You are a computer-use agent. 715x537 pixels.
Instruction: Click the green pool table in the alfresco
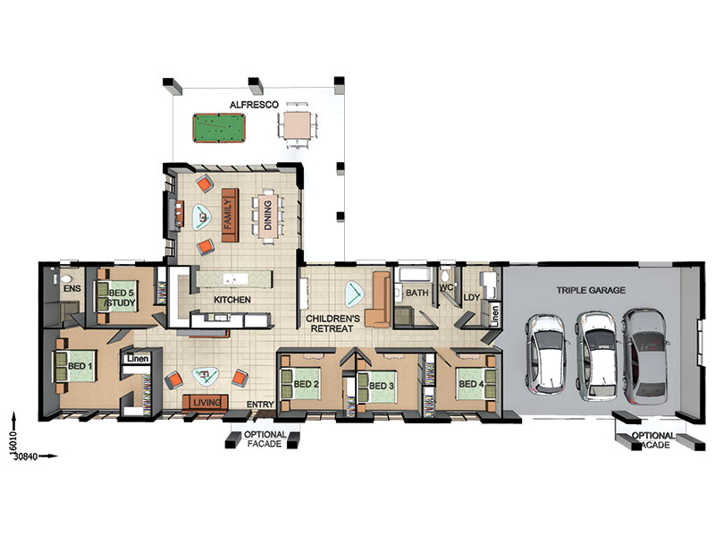pyautogui.click(x=219, y=128)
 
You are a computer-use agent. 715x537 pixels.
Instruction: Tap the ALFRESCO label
pyautogui.click(x=254, y=105)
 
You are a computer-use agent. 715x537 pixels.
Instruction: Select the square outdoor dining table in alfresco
pyautogui.click(x=298, y=125)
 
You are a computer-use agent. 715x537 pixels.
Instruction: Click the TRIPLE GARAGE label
pyautogui.click(x=591, y=290)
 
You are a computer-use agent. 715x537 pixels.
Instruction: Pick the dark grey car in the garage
pyautogui.click(x=647, y=356)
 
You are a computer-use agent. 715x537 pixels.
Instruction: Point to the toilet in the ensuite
pyautogui.click(x=66, y=279)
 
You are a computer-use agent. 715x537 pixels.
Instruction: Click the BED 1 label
pyautogui.click(x=80, y=366)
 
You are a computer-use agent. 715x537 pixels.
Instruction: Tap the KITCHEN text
pyautogui.click(x=232, y=300)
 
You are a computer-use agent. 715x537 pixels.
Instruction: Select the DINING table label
pyautogui.click(x=267, y=215)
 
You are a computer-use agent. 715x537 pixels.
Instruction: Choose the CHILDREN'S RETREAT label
pyautogui.click(x=332, y=323)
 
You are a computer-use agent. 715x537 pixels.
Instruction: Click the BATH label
pyautogui.click(x=416, y=293)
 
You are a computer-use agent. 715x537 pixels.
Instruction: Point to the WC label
pyautogui.click(x=446, y=287)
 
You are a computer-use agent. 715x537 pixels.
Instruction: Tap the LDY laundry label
pyautogui.click(x=472, y=297)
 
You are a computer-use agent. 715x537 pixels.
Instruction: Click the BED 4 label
pyautogui.click(x=471, y=384)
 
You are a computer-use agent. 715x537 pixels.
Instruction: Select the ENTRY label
pyautogui.click(x=260, y=405)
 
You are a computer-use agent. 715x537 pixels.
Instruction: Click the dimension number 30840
pyautogui.click(x=26, y=456)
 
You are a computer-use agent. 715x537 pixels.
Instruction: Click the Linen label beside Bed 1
pyautogui.click(x=138, y=359)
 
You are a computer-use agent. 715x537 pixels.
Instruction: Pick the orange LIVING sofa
pyautogui.click(x=206, y=402)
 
